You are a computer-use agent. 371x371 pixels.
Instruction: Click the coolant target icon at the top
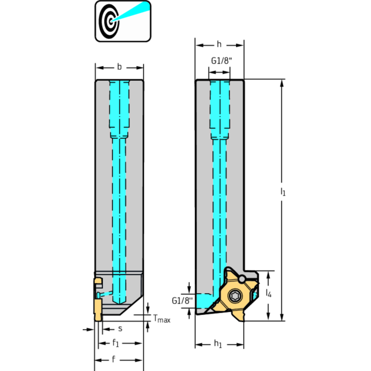123,21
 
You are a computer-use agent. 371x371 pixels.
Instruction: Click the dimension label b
119,67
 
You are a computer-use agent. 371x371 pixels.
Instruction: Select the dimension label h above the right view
219,44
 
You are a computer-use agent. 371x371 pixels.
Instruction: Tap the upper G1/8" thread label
222,61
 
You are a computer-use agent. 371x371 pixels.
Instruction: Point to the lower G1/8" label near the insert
182,300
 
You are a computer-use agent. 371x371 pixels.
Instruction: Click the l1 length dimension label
283,192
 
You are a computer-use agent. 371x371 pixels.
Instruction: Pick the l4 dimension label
268,293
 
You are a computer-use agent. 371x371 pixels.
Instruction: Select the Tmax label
162,319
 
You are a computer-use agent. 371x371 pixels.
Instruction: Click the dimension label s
120,328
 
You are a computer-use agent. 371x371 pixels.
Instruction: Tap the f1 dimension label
116,343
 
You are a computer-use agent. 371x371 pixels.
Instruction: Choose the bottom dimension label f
114,359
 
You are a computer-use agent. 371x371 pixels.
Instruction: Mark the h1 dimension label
218,344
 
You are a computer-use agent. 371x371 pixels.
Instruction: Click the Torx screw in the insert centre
235,296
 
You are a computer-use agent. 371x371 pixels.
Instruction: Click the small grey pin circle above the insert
241,279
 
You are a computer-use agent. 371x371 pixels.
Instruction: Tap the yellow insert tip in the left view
98,310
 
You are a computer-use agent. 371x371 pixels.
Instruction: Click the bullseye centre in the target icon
110,22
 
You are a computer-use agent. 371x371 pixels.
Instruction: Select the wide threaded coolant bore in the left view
119,109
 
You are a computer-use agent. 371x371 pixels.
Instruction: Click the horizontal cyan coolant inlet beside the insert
204,300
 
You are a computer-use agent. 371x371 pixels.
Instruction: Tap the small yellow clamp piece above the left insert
98,282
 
